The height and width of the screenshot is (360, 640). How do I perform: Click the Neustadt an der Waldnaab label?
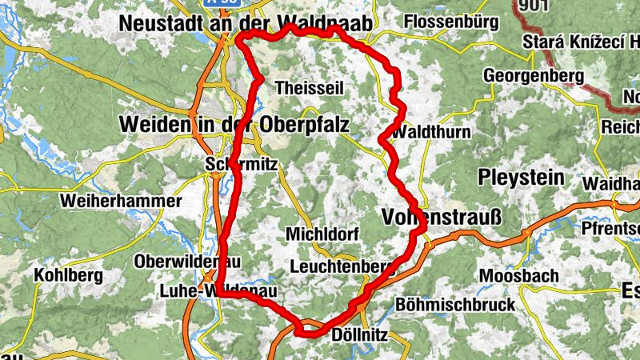[245, 25]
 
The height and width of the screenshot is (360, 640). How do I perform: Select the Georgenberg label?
[533, 77]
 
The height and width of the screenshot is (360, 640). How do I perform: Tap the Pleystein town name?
[521, 176]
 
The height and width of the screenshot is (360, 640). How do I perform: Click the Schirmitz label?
[241, 164]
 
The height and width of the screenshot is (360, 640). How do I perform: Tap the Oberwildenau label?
[187, 262]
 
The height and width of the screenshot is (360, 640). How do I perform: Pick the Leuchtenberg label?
[344, 266]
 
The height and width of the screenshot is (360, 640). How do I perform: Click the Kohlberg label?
[68, 275]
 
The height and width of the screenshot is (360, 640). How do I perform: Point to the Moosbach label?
[518, 276]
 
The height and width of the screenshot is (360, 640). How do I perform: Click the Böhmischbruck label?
[455, 305]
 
